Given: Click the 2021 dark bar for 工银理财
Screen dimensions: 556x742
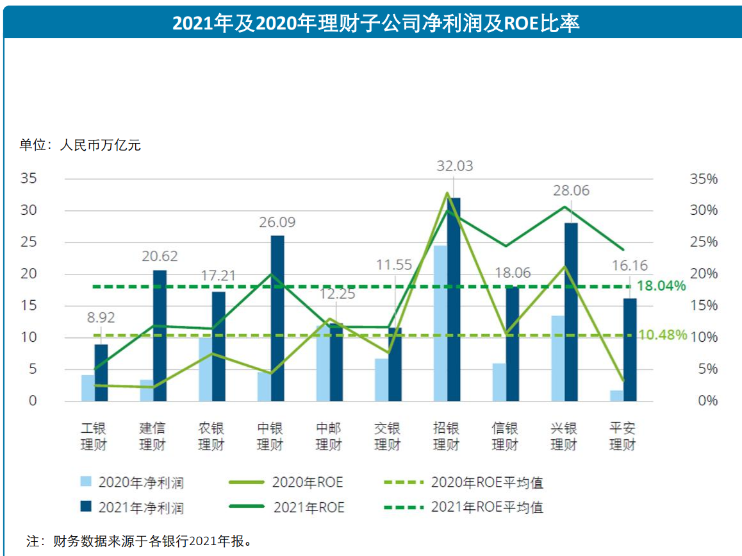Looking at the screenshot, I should tap(101, 373).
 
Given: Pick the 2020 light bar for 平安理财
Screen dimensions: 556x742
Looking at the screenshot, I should tap(616, 396).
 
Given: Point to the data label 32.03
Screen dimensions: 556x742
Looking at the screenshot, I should tap(454, 166).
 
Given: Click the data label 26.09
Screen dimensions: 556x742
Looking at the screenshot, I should tap(277, 223).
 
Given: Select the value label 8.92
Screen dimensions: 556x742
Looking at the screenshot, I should tap(101, 316).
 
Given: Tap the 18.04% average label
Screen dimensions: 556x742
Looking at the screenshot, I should tap(661, 286).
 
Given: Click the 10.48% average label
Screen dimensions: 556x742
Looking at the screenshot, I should tap(662, 335).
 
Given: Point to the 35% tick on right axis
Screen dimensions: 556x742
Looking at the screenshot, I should tap(704, 179).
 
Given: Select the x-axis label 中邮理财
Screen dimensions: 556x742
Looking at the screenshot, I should tap(328, 437).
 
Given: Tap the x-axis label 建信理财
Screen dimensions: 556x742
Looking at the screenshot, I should tap(153, 437).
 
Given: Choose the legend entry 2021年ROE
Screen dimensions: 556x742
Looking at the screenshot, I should tap(308, 507).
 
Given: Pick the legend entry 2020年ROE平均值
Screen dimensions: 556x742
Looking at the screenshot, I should tap(487, 483).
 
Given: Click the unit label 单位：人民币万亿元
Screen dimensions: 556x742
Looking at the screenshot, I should tap(80, 145).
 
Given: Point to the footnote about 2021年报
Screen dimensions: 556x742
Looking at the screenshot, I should tap(138, 541).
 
